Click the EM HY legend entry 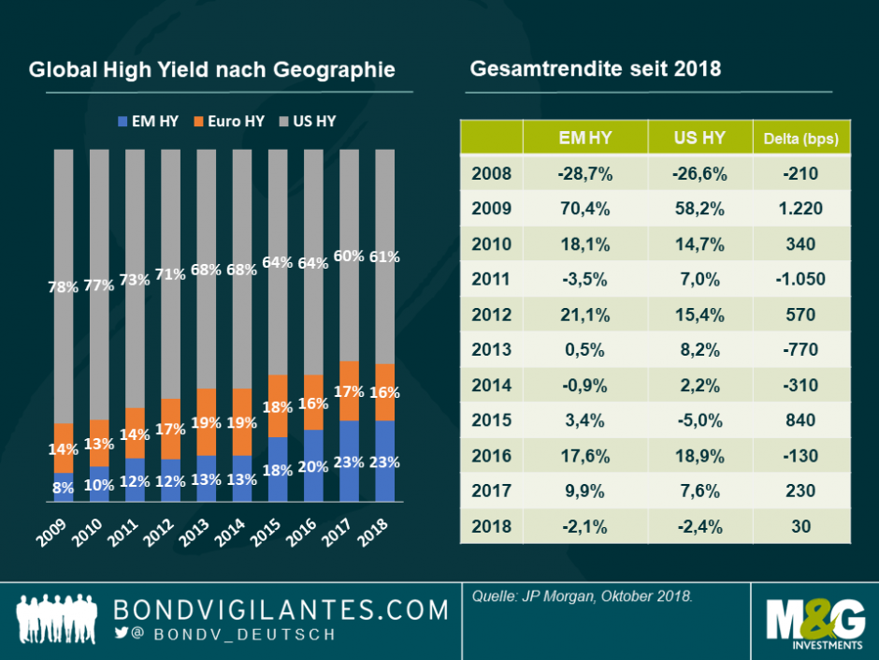pos(149,122)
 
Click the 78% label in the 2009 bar pos(64,286)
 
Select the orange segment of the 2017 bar pos(350,389)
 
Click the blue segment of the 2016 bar pos(314,466)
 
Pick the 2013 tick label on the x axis pos(206,538)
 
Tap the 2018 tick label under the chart pos(385,538)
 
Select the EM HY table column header pos(585,138)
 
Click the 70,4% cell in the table pos(585,208)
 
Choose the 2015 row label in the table pos(492,420)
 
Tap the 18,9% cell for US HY pos(699,456)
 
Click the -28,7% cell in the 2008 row pos(585,172)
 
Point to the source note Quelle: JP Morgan pos(581,595)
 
